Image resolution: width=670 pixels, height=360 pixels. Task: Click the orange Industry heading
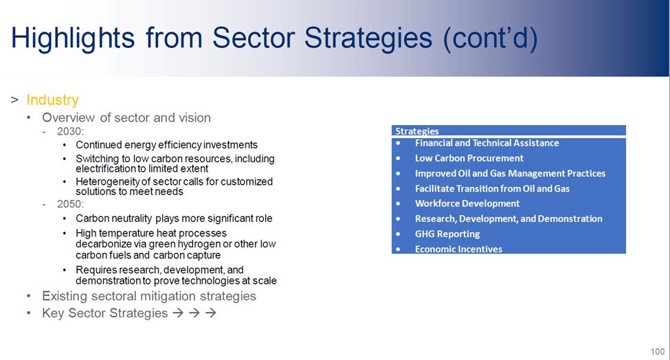pyautogui.click(x=52, y=100)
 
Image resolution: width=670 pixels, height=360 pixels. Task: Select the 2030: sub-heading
pyautogui.click(x=71, y=131)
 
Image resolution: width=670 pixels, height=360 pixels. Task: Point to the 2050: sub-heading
pyautogui.click(x=71, y=204)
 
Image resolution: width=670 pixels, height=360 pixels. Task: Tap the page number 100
pyautogui.click(x=658, y=352)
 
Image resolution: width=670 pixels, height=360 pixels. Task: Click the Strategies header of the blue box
pyautogui.click(x=417, y=131)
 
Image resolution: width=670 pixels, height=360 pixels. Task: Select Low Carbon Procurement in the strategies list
pyautogui.click(x=469, y=159)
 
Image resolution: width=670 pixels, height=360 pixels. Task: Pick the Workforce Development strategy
pyautogui.click(x=467, y=203)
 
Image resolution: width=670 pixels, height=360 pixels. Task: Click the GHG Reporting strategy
pyautogui.click(x=447, y=234)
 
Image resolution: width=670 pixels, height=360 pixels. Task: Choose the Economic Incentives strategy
pyautogui.click(x=458, y=249)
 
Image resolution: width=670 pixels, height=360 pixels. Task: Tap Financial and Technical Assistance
pyautogui.click(x=487, y=143)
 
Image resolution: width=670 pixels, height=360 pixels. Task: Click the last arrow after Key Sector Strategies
pyautogui.click(x=211, y=313)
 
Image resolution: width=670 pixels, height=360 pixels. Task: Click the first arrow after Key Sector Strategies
pyautogui.click(x=178, y=313)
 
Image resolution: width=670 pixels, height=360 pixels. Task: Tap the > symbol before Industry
pyautogui.click(x=15, y=100)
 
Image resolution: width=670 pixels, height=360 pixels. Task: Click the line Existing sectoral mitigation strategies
pyautogui.click(x=149, y=296)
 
